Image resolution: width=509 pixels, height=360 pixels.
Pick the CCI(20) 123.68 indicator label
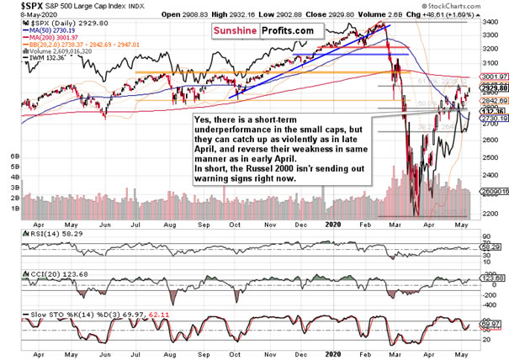[x=34, y=273]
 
